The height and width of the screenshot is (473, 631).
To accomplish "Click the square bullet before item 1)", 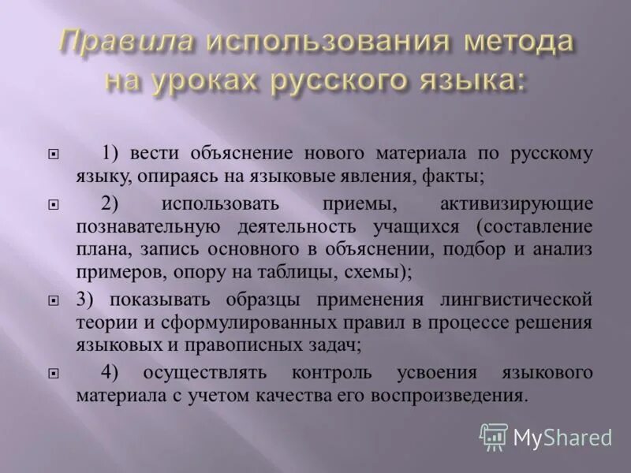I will (x=53, y=155).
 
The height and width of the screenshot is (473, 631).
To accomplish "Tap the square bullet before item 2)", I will (x=53, y=204).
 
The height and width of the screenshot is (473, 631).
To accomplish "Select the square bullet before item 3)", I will (x=53, y=300).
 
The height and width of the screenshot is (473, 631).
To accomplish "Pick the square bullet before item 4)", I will (x=53, y=372).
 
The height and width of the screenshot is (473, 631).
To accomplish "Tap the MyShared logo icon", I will (x=494, y=436).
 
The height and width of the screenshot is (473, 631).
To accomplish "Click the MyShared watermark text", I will (x=562, y=437).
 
